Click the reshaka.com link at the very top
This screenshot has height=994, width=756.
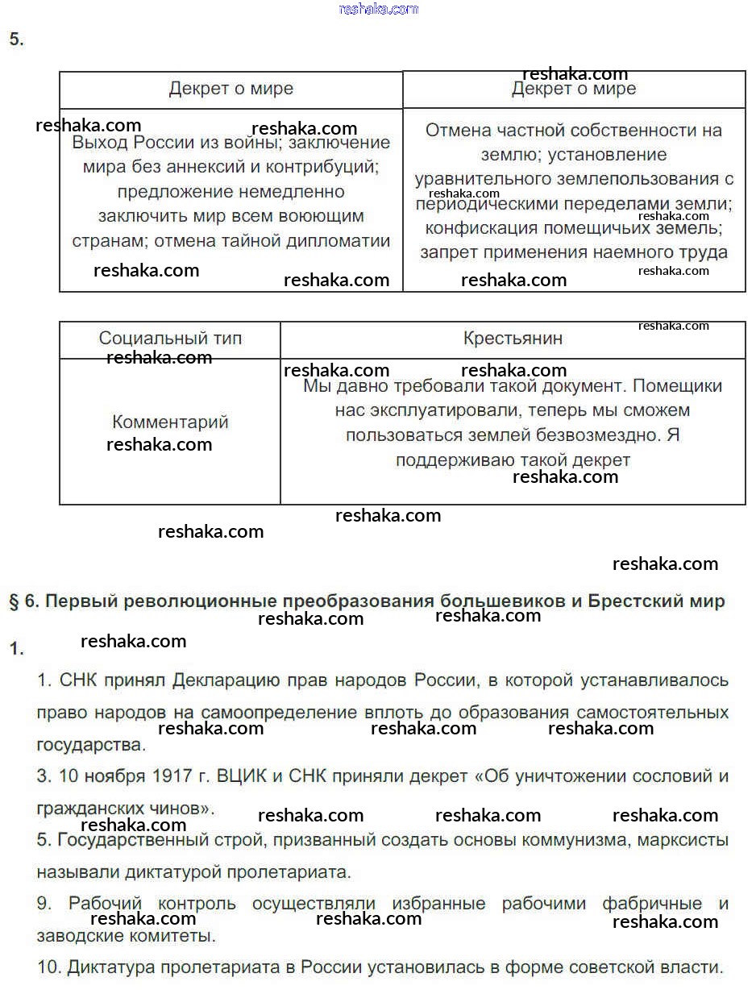(379, 9)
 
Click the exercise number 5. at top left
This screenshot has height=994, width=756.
(16, 40)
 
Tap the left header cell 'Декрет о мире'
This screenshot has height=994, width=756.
(231, 89)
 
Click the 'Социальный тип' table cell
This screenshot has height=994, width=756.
(170, 339)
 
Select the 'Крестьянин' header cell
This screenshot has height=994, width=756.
(513, 339)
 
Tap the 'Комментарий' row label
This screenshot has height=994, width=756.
(170, 422)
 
